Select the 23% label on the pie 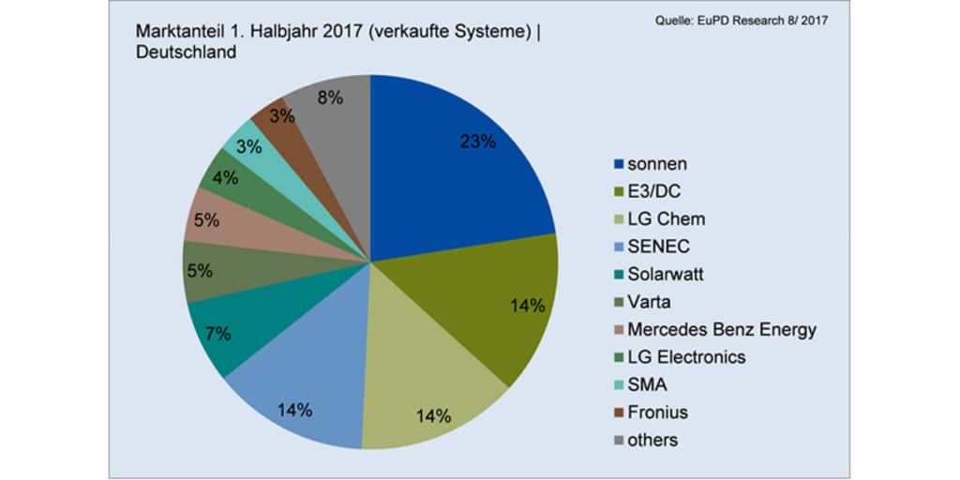pos(477,142)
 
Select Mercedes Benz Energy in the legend pos(722,329)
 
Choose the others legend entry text pos(652,439)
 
